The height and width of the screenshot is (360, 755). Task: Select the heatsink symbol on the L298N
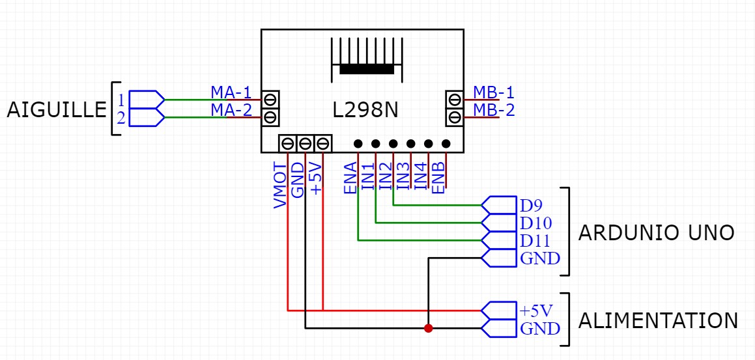[x=367, y=58]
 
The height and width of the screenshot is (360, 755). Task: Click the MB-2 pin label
[x=494, y=109]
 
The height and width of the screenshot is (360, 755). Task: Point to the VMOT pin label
[x=280, y=185]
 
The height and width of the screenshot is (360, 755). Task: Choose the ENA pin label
[x=350, y=178]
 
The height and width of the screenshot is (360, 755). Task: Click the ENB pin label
[x=438, y=177]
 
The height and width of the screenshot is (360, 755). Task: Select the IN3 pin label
[x=403, y=176]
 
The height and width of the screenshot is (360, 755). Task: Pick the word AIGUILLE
[x=56, y=110]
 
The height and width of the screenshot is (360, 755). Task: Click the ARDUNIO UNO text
[x=657, y=232]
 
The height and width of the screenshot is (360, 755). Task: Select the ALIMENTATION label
[x=659, y=320]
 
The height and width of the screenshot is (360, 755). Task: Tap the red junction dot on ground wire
[x=428, y=328]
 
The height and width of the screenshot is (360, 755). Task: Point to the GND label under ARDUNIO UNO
[x=540, y=258]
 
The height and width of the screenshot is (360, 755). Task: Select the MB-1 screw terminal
[x=455, y=99]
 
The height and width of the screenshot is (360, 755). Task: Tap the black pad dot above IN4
[x=429, y=143]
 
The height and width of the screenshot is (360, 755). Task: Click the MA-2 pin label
[x=231, y=109]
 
